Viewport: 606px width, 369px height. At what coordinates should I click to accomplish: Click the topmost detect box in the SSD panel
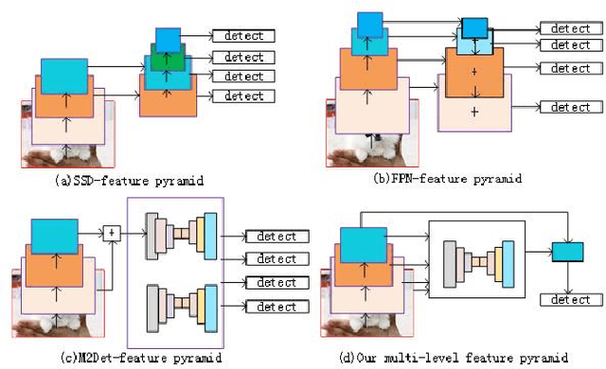tap(243, 36)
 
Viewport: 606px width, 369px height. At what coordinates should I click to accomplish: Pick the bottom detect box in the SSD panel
tap(243, 97)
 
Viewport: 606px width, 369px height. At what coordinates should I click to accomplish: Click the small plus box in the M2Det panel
tap(113, 233)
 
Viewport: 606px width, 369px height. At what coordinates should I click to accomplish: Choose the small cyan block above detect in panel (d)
tap(567, 252)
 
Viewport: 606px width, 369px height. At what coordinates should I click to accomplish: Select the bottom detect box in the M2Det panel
tap(276, 306)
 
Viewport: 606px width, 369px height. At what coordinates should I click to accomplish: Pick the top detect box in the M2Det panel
tap(276, 237)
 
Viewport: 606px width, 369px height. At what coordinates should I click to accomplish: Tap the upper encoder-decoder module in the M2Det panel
tap(182, 236)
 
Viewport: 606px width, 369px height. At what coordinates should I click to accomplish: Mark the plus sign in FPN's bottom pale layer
tap(475, 112)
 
